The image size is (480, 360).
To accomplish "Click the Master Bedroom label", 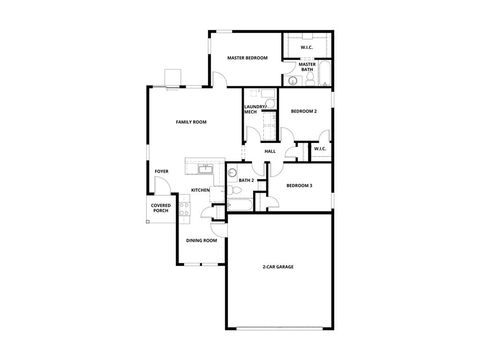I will coord(247,58).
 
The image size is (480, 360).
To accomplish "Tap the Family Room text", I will coord(191,122).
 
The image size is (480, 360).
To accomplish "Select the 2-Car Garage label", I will coord(278,267).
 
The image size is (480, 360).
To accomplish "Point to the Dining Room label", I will coord(202,240).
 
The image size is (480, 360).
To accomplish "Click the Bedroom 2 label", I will coord(304,111).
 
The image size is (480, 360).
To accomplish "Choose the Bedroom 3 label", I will coord(300,186).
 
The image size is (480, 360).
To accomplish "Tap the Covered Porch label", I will coord(161,208).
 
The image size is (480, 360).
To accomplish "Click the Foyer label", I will coord(162,172).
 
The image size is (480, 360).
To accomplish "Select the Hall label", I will coord(270,151).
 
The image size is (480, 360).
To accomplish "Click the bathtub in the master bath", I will coord(325,75).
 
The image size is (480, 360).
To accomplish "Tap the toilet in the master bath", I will coord(310,82).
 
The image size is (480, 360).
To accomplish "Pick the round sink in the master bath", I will coord(293,81).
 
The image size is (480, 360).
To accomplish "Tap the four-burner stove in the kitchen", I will coord(184,208).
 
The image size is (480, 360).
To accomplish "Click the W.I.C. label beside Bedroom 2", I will coord(320,149).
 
